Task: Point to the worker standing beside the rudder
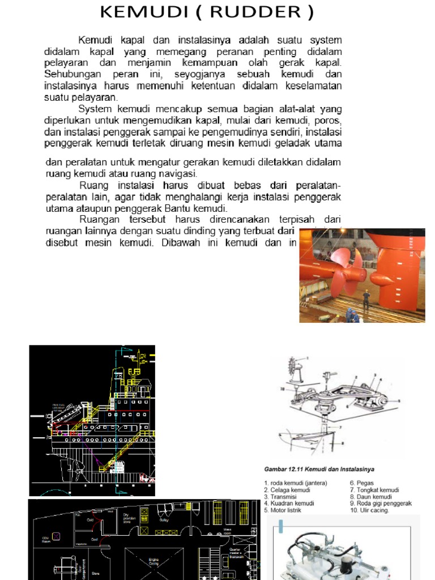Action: click(366, 300)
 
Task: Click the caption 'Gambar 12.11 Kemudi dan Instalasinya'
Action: click(319, 469)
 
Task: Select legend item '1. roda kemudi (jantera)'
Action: click(295, 483)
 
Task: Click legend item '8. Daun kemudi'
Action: click(374, 496)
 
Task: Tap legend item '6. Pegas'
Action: click(361, 483)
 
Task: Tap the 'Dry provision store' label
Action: click(131, 518)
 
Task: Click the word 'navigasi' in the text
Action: click(178, 173)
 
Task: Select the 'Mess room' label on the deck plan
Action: click(227, 531)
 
